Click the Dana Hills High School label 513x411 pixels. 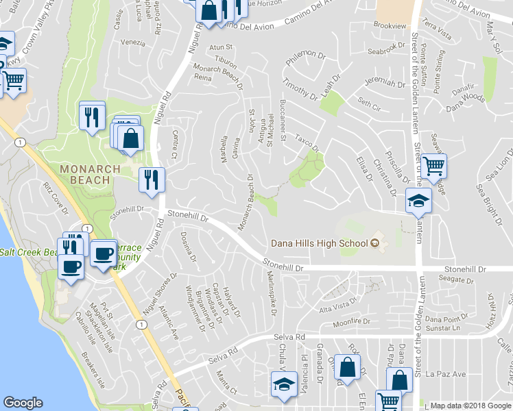click(320, 243)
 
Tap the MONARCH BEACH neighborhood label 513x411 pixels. click(84, 174)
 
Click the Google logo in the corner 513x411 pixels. click(23, 402)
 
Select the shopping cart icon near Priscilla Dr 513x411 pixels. click(433, 166)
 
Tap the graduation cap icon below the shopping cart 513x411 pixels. click(418, 201)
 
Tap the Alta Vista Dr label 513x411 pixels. click(335, 304)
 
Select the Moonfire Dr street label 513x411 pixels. click(350, 321)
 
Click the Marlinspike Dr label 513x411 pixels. click(272, 292)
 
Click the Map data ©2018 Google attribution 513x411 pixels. click(470, 406)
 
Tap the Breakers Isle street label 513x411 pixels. click(92, 368)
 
